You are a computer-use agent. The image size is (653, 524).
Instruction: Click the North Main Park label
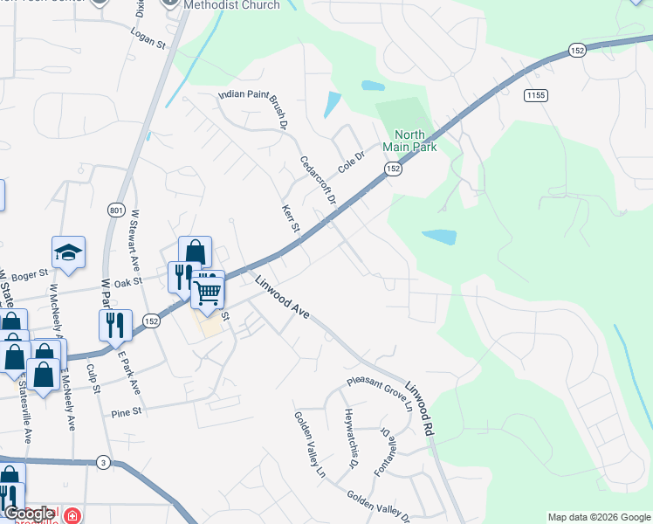(415, 141)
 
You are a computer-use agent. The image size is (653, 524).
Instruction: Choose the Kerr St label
(291, 219)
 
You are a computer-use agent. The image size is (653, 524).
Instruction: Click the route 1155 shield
(535, 94)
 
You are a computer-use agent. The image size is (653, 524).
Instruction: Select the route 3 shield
(103, 461)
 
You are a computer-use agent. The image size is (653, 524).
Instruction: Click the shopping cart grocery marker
(209, 290)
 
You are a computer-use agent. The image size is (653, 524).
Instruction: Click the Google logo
(30, 514)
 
